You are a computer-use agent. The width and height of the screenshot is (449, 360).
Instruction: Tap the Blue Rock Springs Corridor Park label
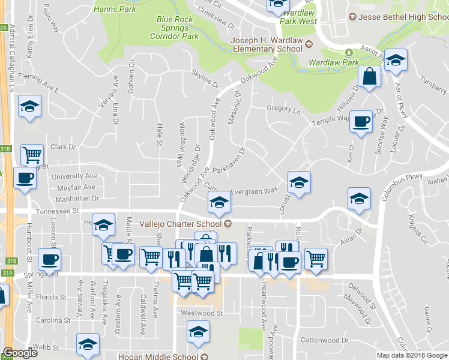coord(177,28)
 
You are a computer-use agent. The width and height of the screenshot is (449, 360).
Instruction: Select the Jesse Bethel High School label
coord(399,17)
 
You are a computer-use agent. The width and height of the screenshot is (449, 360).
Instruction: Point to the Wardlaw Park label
coord(334,62)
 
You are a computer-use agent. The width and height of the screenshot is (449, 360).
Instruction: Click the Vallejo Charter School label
coord(182,224)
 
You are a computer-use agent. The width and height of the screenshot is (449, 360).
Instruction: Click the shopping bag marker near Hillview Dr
coord(369,76)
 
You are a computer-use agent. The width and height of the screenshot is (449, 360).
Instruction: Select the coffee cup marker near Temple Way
coord(361,121)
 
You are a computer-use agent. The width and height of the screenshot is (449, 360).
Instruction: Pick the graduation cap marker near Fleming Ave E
coord(29,106)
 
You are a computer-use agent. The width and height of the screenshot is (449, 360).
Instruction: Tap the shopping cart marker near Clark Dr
coord(31,155)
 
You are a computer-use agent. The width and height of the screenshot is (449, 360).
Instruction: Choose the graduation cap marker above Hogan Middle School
coord(198,331)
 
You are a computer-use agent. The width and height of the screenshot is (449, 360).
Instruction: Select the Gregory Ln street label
coord(283,110)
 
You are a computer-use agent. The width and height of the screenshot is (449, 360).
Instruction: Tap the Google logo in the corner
coord(20,353)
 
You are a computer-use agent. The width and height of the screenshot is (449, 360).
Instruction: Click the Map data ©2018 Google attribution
coord(412,355)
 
